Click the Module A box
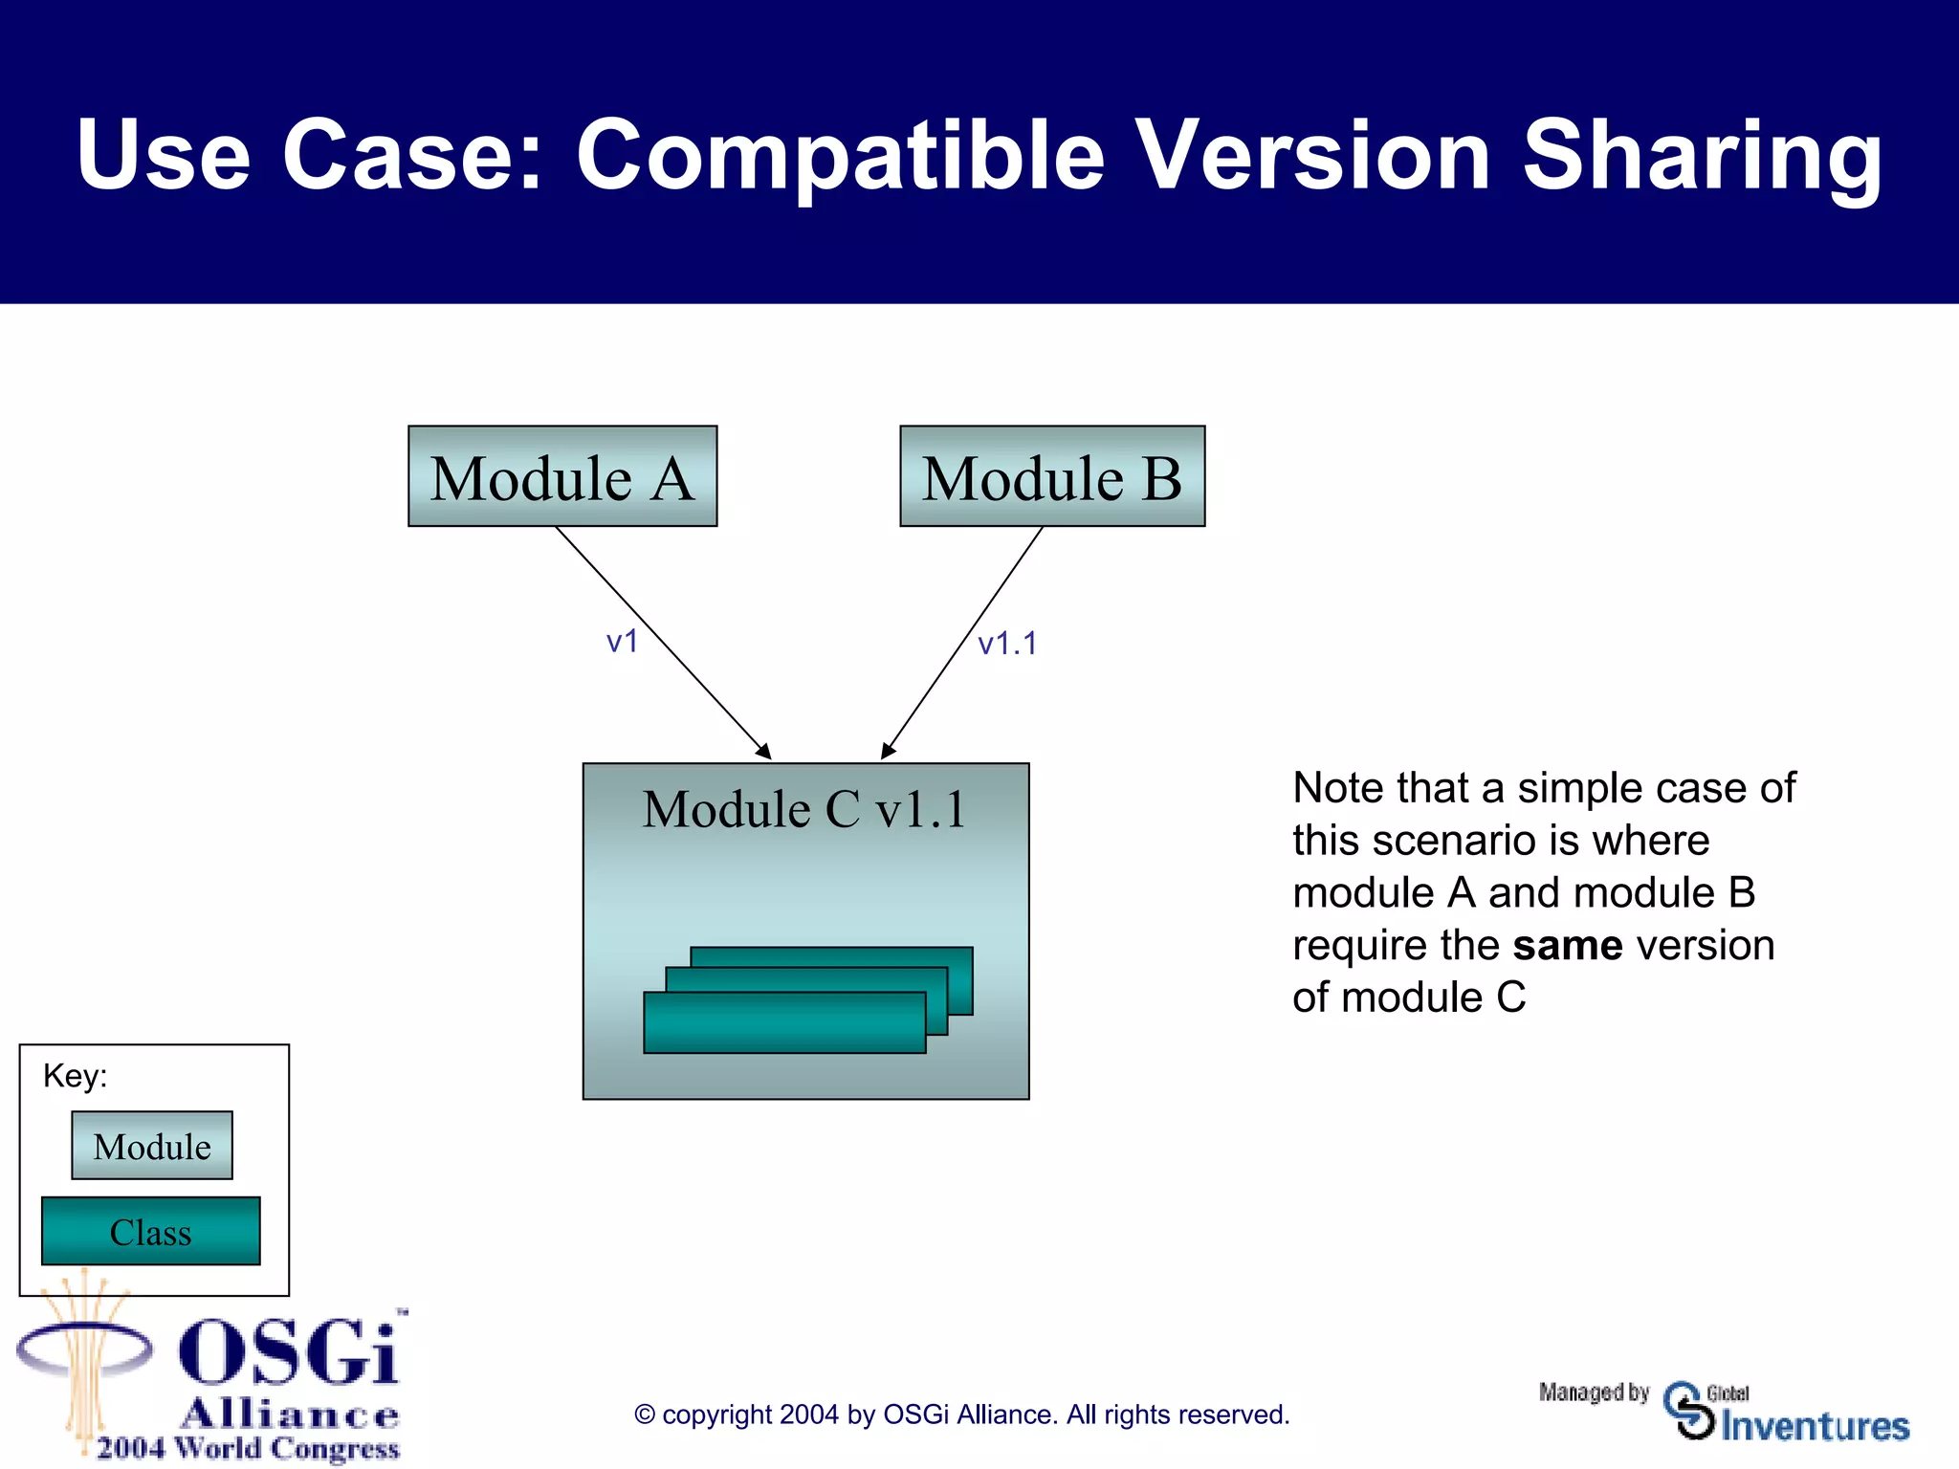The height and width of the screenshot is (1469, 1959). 562,476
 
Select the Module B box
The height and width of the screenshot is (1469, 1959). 1052,476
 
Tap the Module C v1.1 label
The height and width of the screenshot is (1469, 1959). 803,809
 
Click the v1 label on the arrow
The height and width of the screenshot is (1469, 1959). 622,641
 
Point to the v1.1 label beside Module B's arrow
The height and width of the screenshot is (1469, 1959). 1006,644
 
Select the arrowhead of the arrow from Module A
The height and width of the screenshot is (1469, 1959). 764,753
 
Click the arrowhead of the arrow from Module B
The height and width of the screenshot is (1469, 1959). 887,753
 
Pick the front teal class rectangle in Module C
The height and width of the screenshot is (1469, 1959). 784,1023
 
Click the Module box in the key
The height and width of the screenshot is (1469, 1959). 152,1146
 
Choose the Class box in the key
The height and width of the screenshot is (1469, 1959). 151,1232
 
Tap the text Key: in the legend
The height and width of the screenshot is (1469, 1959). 75,1076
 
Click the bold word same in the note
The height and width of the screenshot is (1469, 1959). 1567,946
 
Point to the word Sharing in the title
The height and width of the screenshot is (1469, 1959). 1702,155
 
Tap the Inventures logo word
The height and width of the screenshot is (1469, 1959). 1815,1426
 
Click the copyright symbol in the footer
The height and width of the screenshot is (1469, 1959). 645,1415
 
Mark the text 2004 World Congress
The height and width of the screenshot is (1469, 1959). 248,1448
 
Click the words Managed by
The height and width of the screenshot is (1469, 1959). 1594,1392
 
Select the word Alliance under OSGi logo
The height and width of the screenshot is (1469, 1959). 290,1413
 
